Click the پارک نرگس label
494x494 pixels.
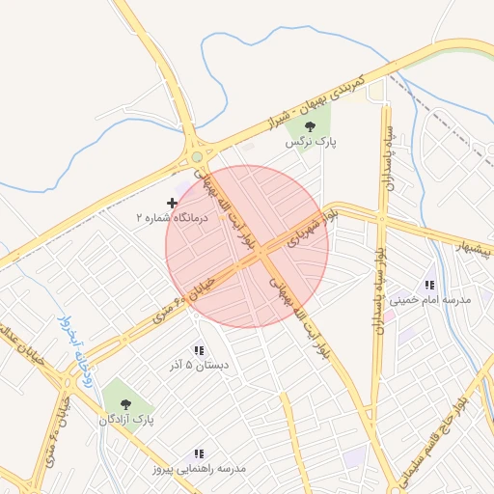pyautogui.click(x=310, y=142)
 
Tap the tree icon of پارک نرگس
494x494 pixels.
pyautogui.click(x=310, y=125)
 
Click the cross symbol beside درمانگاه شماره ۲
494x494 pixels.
pyautogui.click(x=173, y=203)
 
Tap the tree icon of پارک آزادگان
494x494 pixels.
pyautogui.click(x=123, y=402)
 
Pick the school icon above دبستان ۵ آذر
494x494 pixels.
pyautogui.click(x=199, y=350)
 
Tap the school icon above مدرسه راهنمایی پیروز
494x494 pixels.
pyautogui.click(x=199, y=453)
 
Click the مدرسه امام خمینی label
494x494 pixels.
pyautogui.click(x=431, y=300)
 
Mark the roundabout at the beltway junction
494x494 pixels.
pyautogui.click(x=197, y=155)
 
